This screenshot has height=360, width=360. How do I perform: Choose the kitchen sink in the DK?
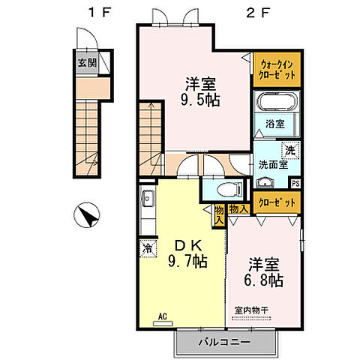[x=145, y=199]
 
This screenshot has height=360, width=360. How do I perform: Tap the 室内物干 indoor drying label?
[x=252, y=310]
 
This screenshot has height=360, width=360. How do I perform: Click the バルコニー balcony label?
[x=226, y=343]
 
